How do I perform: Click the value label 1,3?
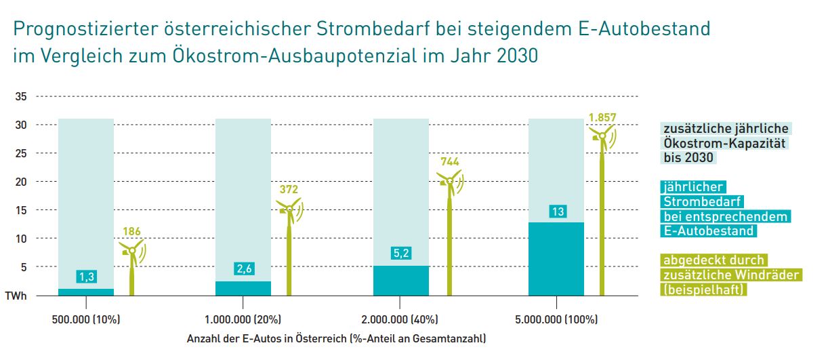click(85, 277)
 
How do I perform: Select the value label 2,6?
click(244, 269)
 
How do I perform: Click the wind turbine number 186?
click(131, 232)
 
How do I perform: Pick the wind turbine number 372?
click(289, 190)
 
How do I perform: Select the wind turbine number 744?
click(450, 162)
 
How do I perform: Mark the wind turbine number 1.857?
click(602, 117)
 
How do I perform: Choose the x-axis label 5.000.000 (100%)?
click(557, 319)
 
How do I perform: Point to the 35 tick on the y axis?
click(20, 97)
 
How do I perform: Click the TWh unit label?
click(17, 296)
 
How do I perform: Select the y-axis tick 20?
click(20, 182)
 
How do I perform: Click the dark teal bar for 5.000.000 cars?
click(556, 261)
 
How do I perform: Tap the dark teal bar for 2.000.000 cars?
click(401, 281)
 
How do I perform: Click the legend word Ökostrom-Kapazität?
click(725, 143)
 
